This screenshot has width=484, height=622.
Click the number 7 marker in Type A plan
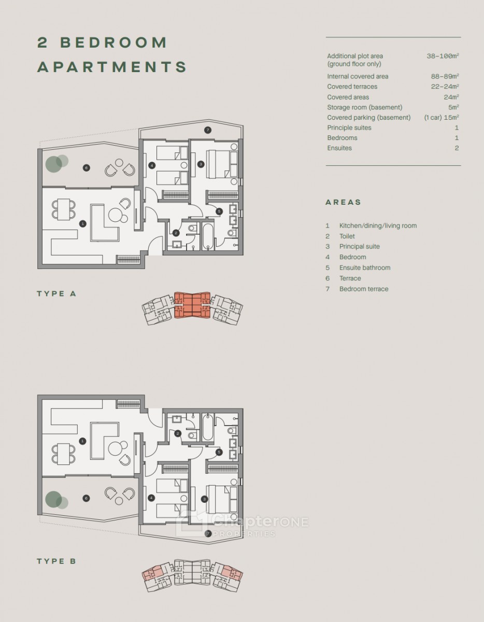pos(208,130)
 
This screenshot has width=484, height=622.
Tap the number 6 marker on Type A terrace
pos(87,168)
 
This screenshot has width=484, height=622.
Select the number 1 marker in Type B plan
pos(83,441)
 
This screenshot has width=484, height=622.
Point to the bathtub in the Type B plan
pos(208,428)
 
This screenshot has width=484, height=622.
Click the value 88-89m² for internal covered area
pos(445,76)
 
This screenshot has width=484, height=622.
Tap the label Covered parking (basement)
pos(369,117)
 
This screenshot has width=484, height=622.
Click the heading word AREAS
pos(343,202)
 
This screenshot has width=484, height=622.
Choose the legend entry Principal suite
pos(360,246)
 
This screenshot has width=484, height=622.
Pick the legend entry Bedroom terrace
pos(364,289)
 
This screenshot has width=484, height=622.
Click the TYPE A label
pos(56,294)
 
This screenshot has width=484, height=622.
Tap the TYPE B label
pos(56,561)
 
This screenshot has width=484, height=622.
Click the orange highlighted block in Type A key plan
pos(192,305)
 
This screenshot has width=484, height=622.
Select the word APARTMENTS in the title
pos(112,67)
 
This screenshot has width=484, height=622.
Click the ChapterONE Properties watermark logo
pos(242,524)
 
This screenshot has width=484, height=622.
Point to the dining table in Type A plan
pos(64,209)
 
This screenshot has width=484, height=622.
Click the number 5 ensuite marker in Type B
pos(219,453)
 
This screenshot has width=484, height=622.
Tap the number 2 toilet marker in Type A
pos(176,233)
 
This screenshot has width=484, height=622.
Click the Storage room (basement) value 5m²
pos(453,107)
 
